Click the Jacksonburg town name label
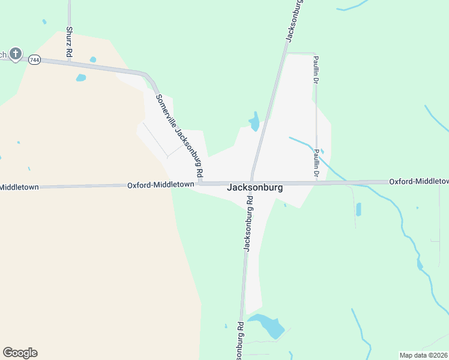pyautogui.click(x=255, y=187)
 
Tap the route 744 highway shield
pyautogui.click(x=34, y=59)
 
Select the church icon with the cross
pyautogui.click(x=16, y=55)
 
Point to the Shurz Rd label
pyautogui.click(x=70, y=42)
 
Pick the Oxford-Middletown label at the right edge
pyautogui.click(x=418, y=181)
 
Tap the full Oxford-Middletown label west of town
pyautogui.click(x=160, y=185)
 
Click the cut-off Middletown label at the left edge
pyautogui.click(x=19, y=187)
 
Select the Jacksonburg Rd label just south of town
pyautogui.click(x=249, y=230)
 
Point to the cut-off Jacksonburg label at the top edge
pyautogui.click(x=294, y=22)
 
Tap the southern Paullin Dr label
pyautogui.click(x=316, y=162)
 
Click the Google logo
pyautogui.click(x=20, y=353)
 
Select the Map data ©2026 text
pyautogui.click(x=423, y=355)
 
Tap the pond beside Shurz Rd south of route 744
pyautogui.click(x=80, y=77)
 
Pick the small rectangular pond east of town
pyautogui.click(x=358, y=209)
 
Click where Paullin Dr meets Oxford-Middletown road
pyautogui.click(x=316, y=182)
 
